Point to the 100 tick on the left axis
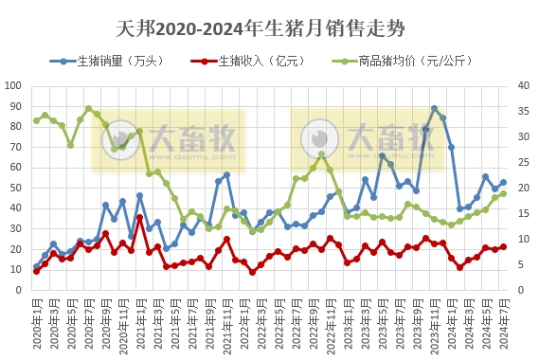pos(14,85)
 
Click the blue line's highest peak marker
pos(434,109)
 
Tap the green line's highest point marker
pos(88,109)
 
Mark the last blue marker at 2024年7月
pos(503,183)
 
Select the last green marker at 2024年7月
pos(503,193)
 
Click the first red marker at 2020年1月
pos(36,271)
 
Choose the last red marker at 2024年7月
pos(503,246)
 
